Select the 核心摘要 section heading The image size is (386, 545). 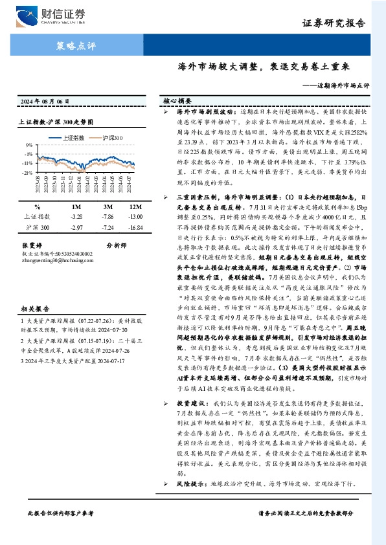click(x=177, y=102)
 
